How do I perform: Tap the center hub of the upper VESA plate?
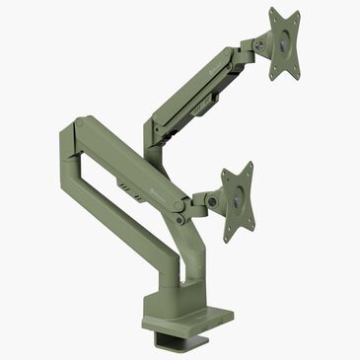point(285,43)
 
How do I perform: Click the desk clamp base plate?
point(187,319)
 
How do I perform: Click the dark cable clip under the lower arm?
point(126,184)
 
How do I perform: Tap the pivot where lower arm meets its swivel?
point(180,207)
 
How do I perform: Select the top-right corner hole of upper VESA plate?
point(297,13)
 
